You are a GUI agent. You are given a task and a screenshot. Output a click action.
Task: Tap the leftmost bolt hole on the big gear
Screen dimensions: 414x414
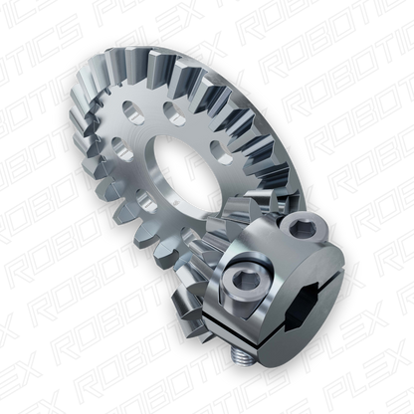pyautogui.click(x=121, y=147)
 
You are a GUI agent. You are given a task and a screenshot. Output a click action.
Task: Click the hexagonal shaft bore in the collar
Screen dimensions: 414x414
pyautogui.click(x=312, y=298)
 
